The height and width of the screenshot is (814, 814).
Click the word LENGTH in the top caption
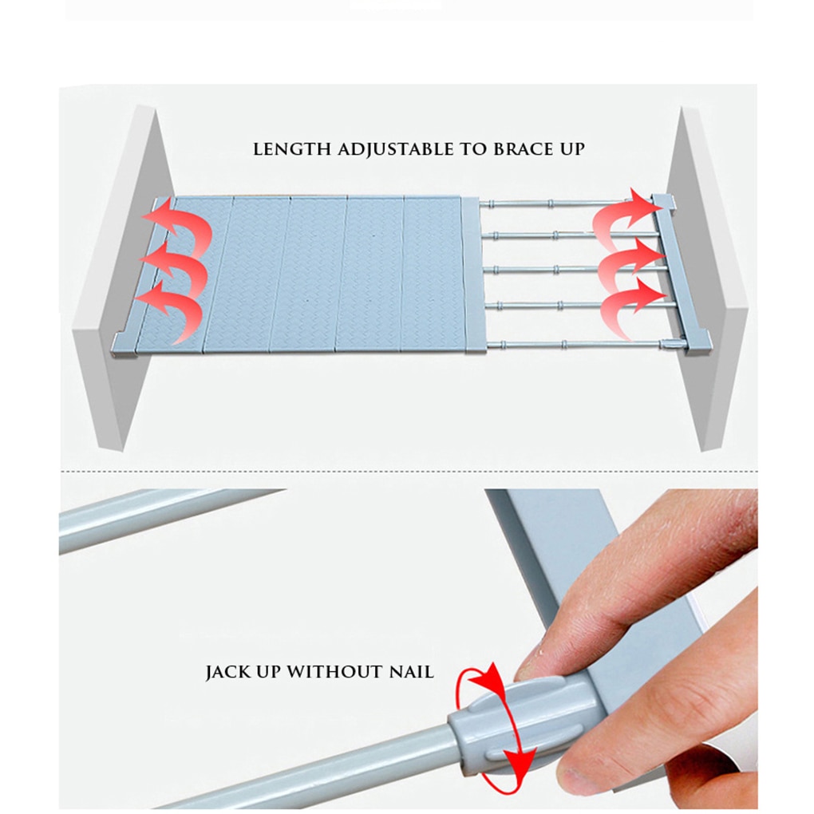click(x=292, y=149)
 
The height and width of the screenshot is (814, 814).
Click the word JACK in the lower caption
click(x=227, y=672)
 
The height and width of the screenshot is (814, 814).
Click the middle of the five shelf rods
click(x=572, y=269)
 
